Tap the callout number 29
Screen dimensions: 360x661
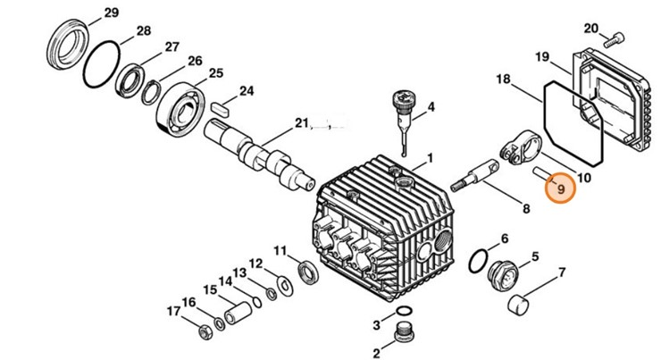110,13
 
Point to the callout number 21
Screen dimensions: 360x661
302,124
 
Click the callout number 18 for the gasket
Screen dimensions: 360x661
503,80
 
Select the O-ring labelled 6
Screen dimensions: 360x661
479,258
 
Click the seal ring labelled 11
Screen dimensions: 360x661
305,271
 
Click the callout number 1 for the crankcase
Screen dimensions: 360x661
429,158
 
